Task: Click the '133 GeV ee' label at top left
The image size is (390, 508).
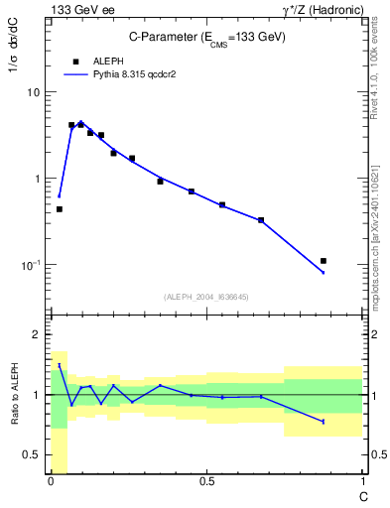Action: point(76,9)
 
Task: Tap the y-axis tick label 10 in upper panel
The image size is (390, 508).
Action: point(32,92)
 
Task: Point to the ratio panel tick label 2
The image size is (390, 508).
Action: point(36,334)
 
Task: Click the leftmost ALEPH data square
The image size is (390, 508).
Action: point(60,209)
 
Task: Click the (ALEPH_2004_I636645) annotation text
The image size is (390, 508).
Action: point(205,297)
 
